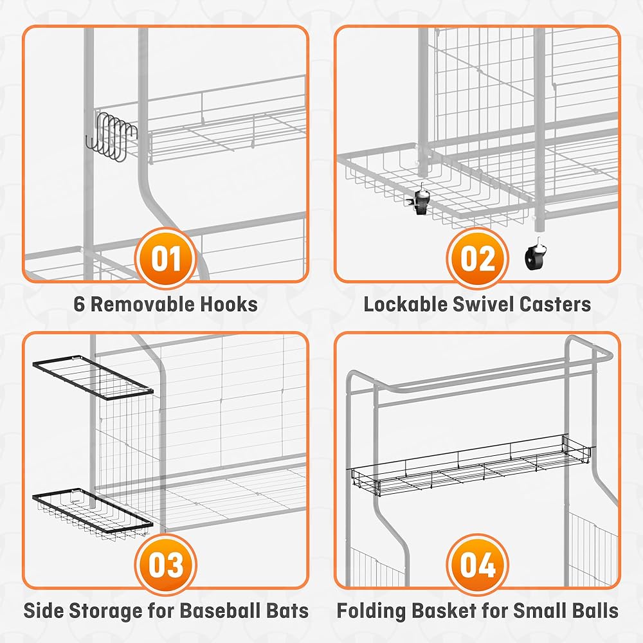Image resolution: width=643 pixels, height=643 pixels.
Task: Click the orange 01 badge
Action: [166, 258]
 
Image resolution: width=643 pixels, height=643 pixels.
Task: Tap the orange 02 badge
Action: [477, 258]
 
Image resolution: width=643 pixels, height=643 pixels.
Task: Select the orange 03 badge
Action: [166, 565]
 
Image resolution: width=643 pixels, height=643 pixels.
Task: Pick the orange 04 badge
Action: [477, 565]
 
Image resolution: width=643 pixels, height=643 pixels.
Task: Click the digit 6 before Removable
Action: [79, 304]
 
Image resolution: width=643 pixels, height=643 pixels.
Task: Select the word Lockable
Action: [406, 304]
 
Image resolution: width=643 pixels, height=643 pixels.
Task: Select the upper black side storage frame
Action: [93, 377]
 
